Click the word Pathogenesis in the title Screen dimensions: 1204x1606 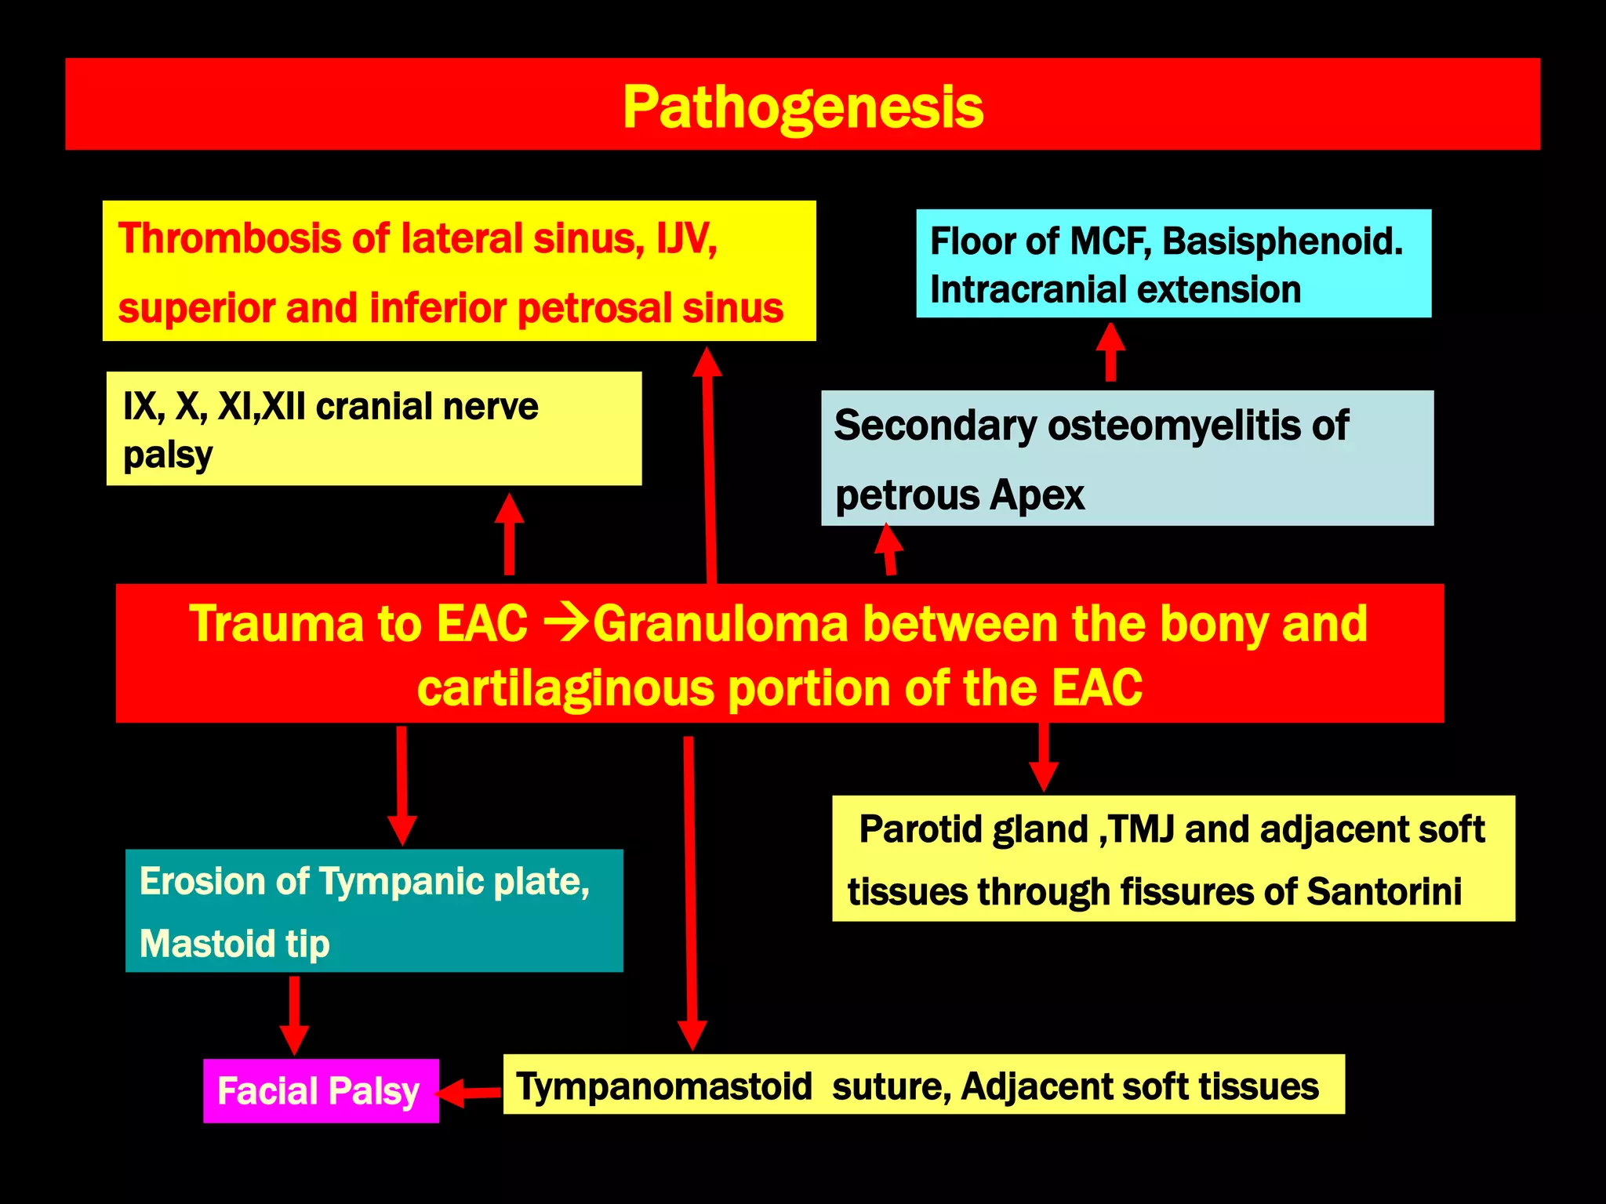pyautogui.click(x=802, y=107)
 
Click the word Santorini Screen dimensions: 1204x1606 pyautogui.click(x=1384, y=891)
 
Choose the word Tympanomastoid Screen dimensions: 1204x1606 pyautogui.click(x=664, y=1086)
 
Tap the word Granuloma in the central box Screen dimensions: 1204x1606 pyautogui.click(x=720, y=624)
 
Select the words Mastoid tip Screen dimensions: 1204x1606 pyautogui.click(x=234, y=943)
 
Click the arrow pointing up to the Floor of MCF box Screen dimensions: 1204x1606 pyautogui.click(x=1110, y=352)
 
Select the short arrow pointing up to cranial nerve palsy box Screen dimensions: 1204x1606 pyautogui.click(x=509, y=534)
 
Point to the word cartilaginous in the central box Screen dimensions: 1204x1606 pyautogui.click(x=565, y=688)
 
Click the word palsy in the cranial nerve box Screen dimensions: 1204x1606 pyautogui.click(x=168, y=455)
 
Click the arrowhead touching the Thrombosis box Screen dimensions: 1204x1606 pyautogui.click(x=707, y=362)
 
